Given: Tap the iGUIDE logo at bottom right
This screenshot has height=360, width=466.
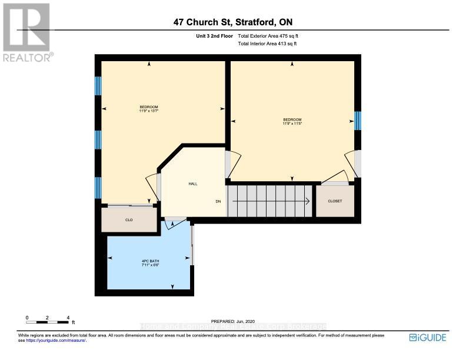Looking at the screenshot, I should (427, 338).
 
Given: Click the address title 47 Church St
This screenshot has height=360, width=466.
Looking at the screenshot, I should (233, 22).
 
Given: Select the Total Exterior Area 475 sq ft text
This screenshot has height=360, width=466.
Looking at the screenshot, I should (272, 36).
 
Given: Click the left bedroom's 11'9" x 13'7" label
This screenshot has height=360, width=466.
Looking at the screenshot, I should (149, 108).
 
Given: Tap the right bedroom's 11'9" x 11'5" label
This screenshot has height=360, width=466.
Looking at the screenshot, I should (292, 122).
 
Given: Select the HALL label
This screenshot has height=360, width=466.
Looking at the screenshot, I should (192, 184).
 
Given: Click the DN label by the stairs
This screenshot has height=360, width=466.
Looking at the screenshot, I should (218, 202).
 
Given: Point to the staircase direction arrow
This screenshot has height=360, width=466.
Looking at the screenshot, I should (271, 201).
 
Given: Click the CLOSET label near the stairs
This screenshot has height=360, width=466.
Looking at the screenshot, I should (335, 201).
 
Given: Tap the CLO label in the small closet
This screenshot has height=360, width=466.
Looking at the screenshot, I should (129, 220).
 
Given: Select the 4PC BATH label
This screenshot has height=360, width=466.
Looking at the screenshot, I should (150, 263).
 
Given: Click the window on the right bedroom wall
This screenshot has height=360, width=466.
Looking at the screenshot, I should (357, 121).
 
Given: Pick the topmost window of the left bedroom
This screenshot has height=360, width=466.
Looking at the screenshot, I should (98, 86).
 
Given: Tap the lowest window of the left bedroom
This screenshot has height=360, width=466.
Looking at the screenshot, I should (98, 186).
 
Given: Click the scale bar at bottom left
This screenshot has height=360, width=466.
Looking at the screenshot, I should (48, 322).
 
